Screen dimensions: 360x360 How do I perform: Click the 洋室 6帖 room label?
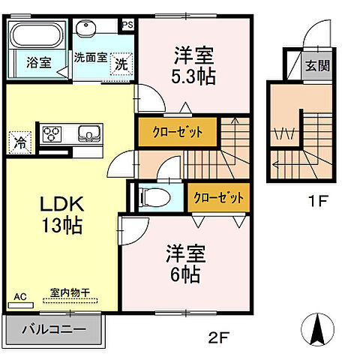(183, 265)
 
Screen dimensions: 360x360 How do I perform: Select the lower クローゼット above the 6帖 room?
(218, 198)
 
